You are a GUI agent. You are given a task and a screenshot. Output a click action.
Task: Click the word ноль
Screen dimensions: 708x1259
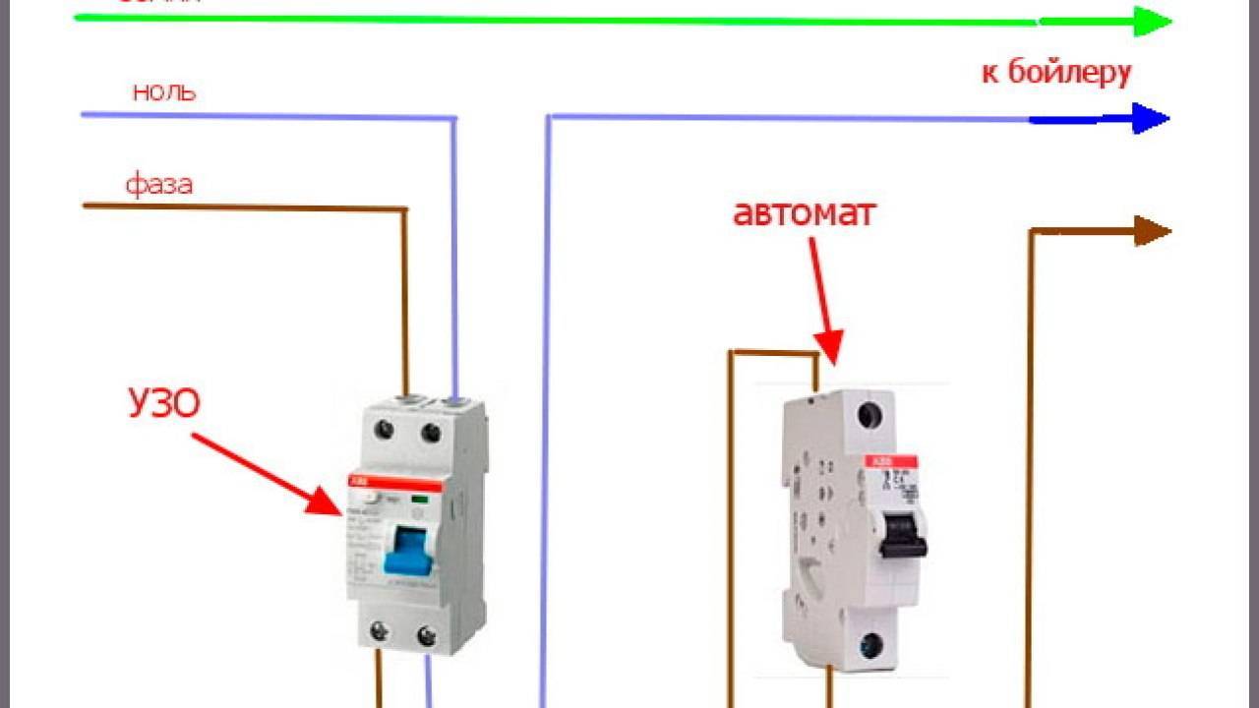pyautogui.click(x=163, y=92)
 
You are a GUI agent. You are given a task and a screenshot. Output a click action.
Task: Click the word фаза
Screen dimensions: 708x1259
pyautogui.click(x=158, y=184)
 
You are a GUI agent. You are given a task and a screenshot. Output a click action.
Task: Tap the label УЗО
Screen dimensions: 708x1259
pyautogui.click(x=163, y=403)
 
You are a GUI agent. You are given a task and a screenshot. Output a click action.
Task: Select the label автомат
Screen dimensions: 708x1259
pyautogui.click(x=804, y=213)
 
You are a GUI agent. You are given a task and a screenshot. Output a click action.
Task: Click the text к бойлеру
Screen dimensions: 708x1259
pyautogui.click(x=1056, y=72)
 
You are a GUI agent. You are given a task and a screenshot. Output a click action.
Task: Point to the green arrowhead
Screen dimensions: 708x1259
pyautogui.click(x=1151, y=21)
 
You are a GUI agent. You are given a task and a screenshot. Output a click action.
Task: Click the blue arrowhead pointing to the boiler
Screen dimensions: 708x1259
pyautogui.click(x=1149, y=119)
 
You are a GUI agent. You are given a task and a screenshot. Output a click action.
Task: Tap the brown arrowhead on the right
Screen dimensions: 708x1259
pyautogui.click(x=1151, y=231)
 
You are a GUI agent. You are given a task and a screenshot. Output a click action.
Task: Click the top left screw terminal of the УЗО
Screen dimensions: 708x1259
pyautogui.click(x=385, y=430)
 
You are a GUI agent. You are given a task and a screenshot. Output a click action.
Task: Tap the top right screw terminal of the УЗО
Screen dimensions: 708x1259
pyautogui.click(x=430, y=430)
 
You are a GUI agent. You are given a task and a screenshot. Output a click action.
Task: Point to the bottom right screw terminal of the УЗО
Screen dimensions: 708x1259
pyautogui.click(x=426, y=634)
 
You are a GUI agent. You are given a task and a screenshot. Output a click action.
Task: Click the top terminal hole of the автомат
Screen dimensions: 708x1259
pyautogui.click(x=869, y=415)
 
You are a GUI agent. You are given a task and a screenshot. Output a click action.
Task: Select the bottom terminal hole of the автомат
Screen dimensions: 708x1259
pyautogui.click(x=869, y=646)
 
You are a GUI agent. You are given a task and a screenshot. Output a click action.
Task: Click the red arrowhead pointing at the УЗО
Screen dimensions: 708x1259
pyautogui.click(x=325, y=501)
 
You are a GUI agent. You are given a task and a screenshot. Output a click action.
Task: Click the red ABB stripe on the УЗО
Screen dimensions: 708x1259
pyautogui.click(x=393, y=484)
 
